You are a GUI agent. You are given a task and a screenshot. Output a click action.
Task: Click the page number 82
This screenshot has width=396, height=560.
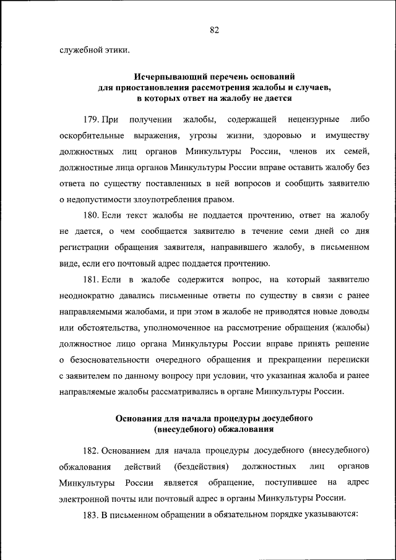tap(215, 30)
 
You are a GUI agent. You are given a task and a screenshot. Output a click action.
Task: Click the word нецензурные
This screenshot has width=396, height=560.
tap(312, 119)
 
